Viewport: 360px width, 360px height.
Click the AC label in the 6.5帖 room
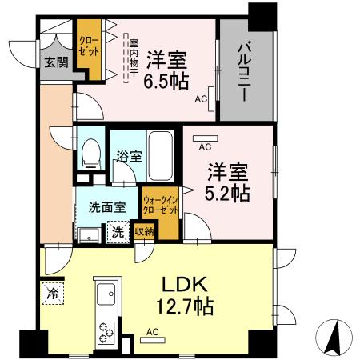point(200,100)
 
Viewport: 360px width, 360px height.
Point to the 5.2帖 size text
point(229,193)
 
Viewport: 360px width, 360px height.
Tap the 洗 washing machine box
point(118,233)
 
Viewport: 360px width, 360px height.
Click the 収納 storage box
point(144,232)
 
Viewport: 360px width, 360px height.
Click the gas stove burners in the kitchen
point(106,331)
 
